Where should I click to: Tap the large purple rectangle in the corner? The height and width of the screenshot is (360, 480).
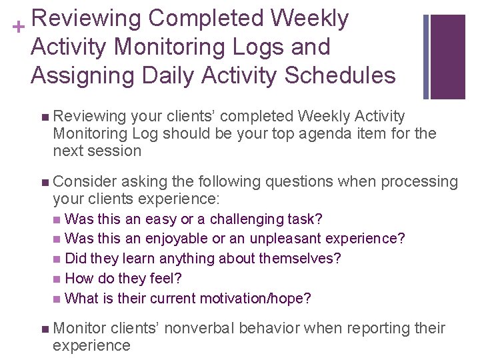click(448, 57)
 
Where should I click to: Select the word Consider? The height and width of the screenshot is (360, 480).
click(85, 181)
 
